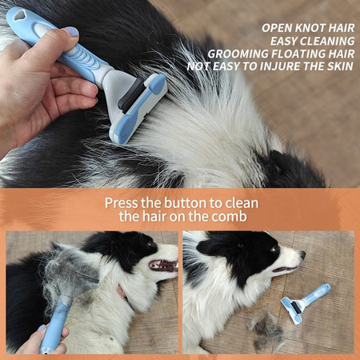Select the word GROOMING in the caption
pyautogui.click(x=238, y=54)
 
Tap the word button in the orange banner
pyautogui.click(x=186, y=203)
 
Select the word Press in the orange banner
pyautogui.click(x=122, y=203)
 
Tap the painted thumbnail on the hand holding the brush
pyautogui.click(x=71, y=32)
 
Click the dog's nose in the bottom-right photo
pyautogui.click(x=302, y=255)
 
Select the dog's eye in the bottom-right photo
pyautogui.click(x=274, y=250)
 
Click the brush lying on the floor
pyautogui.click(x=306, y=303)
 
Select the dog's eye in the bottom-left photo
pyautogui.click(x=150, y=244)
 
